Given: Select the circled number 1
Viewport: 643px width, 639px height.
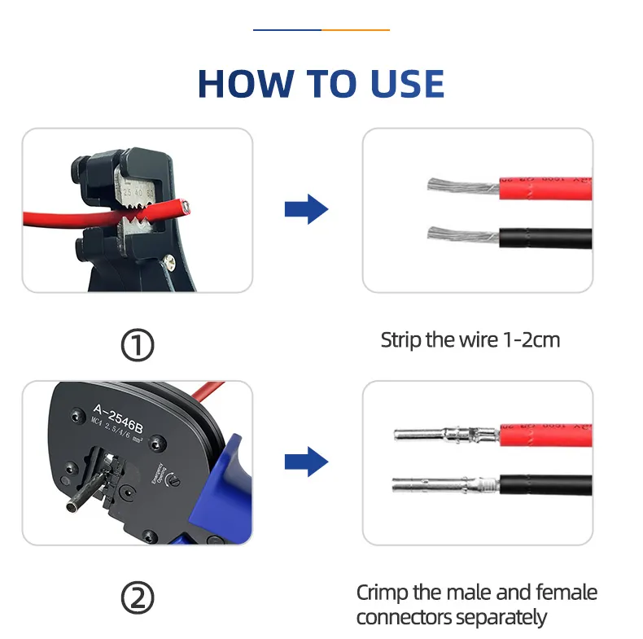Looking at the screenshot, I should (x=138, y=346).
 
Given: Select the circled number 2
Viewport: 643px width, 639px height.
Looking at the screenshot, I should (x=138, y=600).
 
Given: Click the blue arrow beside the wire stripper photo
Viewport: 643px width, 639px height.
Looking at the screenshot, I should (x=306, y=210).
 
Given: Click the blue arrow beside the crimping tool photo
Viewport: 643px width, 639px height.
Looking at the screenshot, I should (x=306, y=462).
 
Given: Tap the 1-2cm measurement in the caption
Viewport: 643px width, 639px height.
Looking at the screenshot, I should (x=528, y=339).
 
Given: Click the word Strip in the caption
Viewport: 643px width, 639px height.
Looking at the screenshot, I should (x=401, y=339).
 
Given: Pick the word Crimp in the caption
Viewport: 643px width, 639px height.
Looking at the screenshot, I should (x=383, y=593).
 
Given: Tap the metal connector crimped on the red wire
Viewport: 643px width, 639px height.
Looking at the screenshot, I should (x=444, y=433).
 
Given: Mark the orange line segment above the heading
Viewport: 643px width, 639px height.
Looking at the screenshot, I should (x=356, y=30).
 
